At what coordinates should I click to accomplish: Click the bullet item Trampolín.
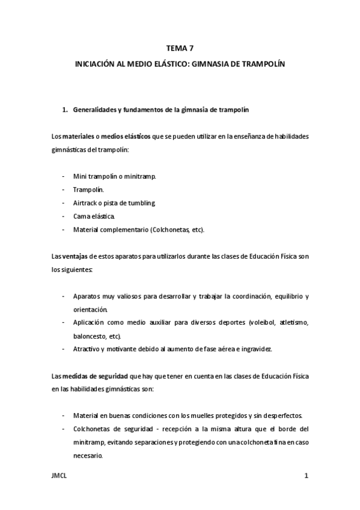coord(88,189)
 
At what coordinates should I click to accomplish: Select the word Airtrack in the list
coord(85,202)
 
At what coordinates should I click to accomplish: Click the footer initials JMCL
coord(59,476)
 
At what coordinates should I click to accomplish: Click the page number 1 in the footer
coord(306,476)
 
